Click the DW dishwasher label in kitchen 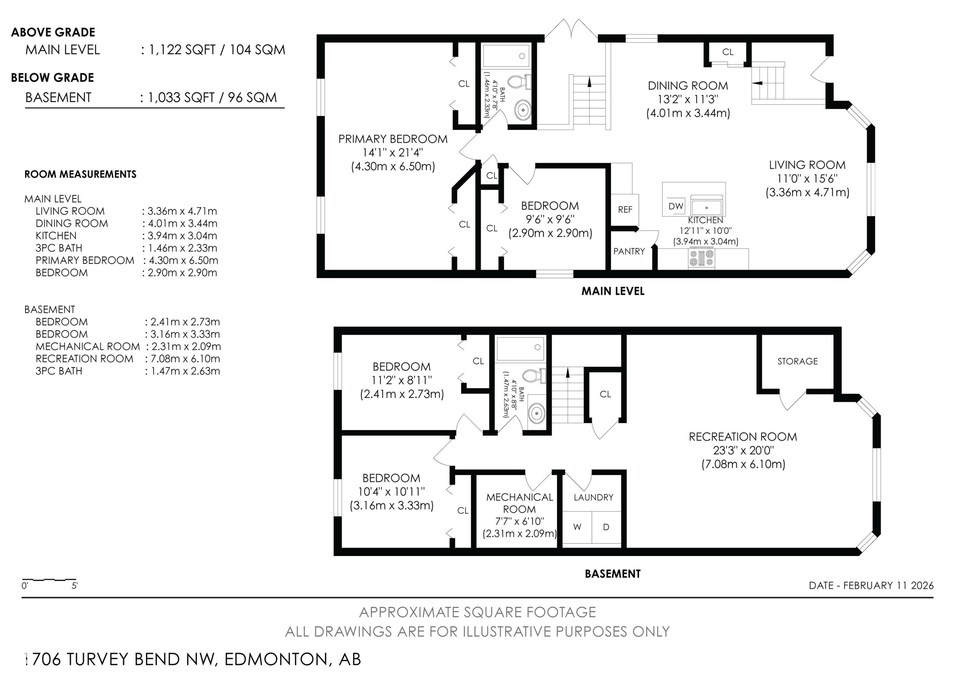676,206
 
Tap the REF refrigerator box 625,210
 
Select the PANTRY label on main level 629,252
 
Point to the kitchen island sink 706,207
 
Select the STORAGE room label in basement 797,361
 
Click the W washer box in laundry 577,527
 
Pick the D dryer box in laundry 606,527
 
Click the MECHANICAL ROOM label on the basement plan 520,503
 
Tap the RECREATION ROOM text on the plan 743,437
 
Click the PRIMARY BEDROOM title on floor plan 393,139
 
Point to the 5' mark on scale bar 75,586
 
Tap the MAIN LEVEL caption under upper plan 613,291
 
